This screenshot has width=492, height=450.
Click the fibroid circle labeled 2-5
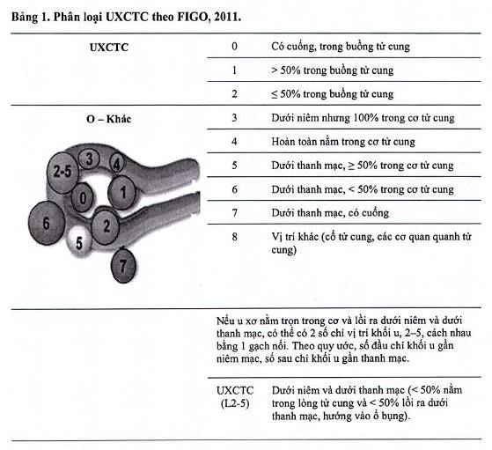pos(62,172)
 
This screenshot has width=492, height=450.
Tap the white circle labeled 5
pos(79,242)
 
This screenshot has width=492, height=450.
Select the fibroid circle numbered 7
pos(123,266)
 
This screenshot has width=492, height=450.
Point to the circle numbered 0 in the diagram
pos(82,198)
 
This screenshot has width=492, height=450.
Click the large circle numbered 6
pos(47,223)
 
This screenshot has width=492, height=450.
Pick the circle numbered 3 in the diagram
pos(89,159)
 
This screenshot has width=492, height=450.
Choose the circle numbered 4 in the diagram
pos(116,164)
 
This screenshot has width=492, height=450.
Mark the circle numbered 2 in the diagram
pos(106,226)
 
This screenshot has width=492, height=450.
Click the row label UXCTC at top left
pos(109,48)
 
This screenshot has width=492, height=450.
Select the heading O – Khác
pos(108,119)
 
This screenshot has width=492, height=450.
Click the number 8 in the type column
pos(234,237)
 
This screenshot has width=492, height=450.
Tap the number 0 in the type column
pos(234,47)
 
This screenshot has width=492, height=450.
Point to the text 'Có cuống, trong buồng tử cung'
pos(341,47)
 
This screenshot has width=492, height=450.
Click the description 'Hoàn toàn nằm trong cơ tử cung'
pos(343,142)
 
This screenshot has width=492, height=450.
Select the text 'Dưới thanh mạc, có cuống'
pos(330,213)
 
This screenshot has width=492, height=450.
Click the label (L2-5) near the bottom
pos(235,403)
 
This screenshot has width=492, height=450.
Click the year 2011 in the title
pos(227,17)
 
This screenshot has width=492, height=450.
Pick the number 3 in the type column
pos(234,118)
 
